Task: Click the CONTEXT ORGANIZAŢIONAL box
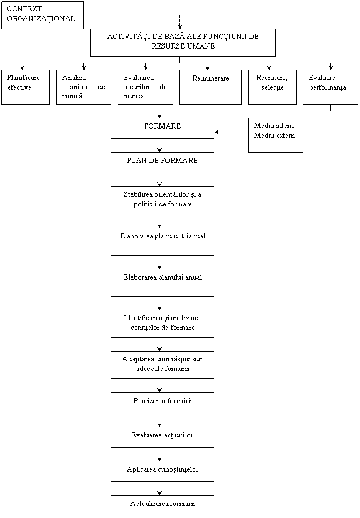[x=42, y=14]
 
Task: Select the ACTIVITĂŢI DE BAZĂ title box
[x=183, y=42]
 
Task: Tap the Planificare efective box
[x=25, y=87]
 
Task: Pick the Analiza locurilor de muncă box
[x=83, y=87]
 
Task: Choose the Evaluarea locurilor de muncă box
[x=145, y=87]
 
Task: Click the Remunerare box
[x=210, y=87]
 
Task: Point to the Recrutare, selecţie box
[x=272, y=87]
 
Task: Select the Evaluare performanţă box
[x=330, y=87]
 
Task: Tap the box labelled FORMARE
[x=162, y=128]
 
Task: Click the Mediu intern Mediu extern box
[x=275, y=135]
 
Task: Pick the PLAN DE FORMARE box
[x=162, y=162]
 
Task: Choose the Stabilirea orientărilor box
[x=162, y=200]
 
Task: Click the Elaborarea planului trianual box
[x=162, y=241]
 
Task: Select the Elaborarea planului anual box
[x=162, y=282]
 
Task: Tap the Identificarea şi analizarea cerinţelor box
[x=162, y=324]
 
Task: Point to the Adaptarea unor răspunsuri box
[x=162, y=365]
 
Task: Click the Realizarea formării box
[x=162, y=403]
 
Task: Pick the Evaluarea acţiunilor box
[x=162, y=437]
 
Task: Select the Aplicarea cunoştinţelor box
[x=162, y=471]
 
